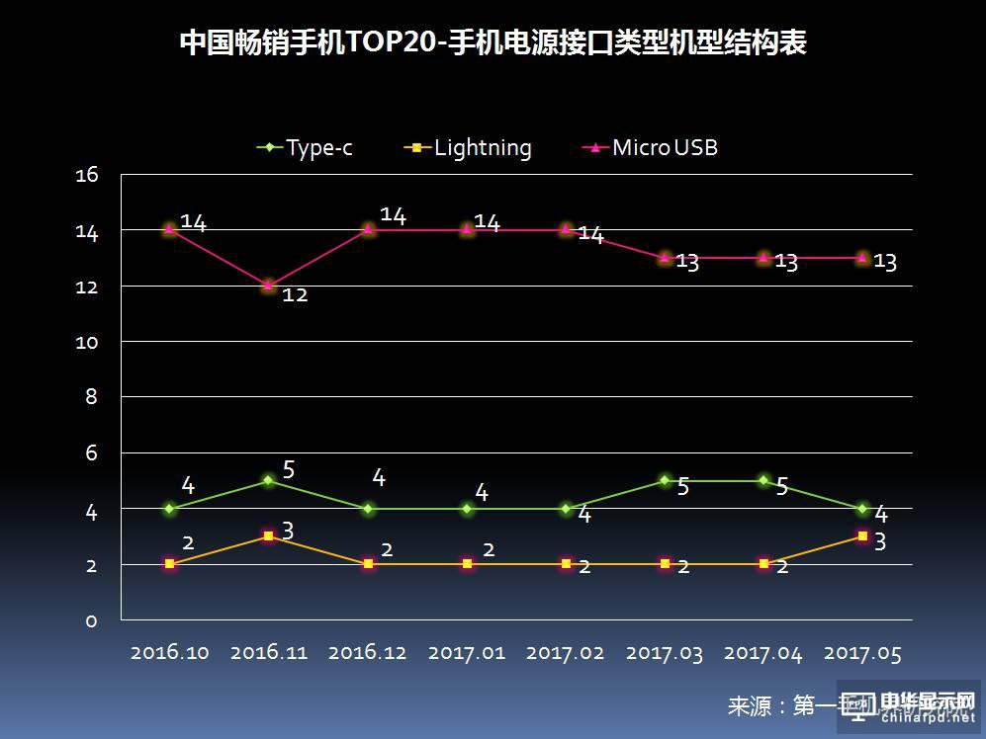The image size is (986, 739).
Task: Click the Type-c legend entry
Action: click(x=307, y=148)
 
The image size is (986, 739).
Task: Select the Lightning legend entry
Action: click(x=471, y=148)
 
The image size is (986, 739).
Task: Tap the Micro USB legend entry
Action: click(x=653, y=148)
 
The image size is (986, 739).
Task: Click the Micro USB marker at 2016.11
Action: click(x=269, y=286)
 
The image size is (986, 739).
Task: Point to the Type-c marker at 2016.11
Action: click(x=269, y=480)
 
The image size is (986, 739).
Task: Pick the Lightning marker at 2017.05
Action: click(x=862, y=536)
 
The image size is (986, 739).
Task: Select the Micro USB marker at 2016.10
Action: click(x=170, y=229)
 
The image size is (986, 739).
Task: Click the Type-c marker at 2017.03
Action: click(x=665, y=480)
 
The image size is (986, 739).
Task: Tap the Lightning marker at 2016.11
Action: click(x=269, y=536)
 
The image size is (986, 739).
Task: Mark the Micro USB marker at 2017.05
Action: click(x=862, y=258)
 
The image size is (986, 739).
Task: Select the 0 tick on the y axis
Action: click(x=91, y=620)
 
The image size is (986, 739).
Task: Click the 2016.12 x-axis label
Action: click(x=368, y=654)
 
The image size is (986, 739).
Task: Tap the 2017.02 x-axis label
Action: click(x=566, y=654)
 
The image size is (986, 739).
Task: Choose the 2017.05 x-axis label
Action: click(x=862, y=654)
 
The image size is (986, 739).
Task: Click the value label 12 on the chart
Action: click(x=295, y=294)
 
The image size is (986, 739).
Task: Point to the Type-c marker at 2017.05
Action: click(x=862, y=509)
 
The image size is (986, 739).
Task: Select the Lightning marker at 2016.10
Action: click(x=170, y=564)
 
